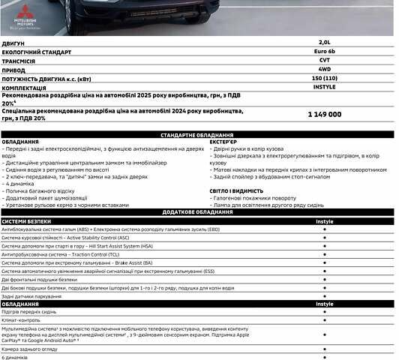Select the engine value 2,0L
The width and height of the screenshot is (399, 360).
(x=324, y=43)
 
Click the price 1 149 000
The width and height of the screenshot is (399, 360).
(x=324, y=114)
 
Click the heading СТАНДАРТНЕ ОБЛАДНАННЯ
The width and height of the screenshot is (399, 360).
(x=199, y=133)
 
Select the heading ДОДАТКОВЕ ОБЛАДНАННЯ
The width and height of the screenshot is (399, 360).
(x=199, y=212)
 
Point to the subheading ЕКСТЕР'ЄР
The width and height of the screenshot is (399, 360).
(x=223, y=141)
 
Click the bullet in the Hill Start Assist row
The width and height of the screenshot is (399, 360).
(x=324, y=246)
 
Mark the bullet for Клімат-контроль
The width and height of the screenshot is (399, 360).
(x=324, y=319)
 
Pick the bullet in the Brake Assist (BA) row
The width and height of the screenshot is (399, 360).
(x=324, y=263)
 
